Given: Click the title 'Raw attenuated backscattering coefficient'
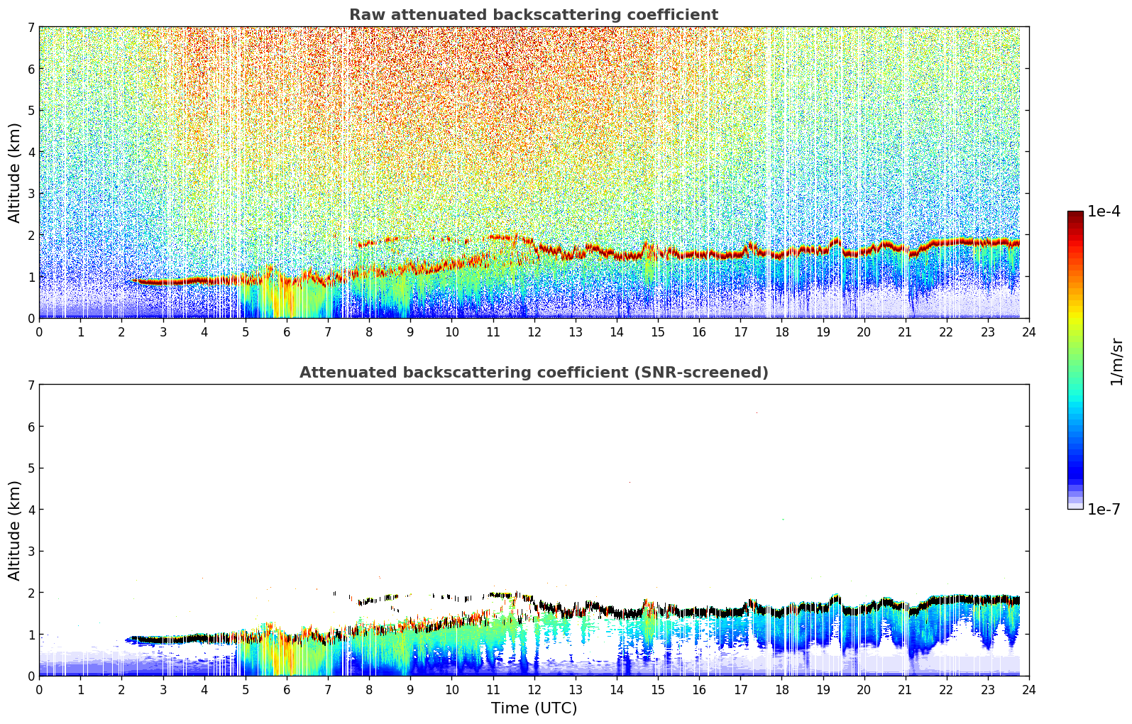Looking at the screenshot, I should pyautogui.click(x=533, y=15).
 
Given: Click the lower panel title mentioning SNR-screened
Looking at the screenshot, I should pyautogui.click(x=533, y=373).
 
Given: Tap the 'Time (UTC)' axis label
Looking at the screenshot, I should pyautogui.click(x=534, y=708).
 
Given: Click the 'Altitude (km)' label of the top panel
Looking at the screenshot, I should pyautogui.click(x=15, y=172).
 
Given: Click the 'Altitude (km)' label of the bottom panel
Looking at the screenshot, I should pyautogui.click(x=15, y=530).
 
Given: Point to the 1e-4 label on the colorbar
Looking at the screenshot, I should pyautogui.click(x=1104, y=212).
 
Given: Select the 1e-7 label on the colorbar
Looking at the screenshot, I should pyautogui.click(x=1104, y=510).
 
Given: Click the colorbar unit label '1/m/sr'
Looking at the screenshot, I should pyautogui.click(x=1116, y=361).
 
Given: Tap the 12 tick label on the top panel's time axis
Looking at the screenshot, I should pyautogui.click(x=534, y=332).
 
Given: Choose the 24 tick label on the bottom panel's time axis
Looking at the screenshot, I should pyautogui.click(x=1028, y=690).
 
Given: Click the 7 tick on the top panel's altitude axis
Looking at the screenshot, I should pyautogui.click(x=31, y=27).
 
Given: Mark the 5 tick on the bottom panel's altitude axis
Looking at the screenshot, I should pyautogui.click(x=31, y=468).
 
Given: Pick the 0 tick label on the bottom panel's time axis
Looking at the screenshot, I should pyautogui.click(x=39, y=690).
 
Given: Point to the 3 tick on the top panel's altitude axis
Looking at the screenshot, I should pyautogui.click(x=31, y=193).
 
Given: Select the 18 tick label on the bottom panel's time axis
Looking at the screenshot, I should pyautogui.click(x=781, y=690).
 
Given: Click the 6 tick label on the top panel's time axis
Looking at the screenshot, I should pyautogui.click(x=287, y=332).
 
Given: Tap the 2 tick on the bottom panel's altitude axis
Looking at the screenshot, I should pyautogui.click(x=31, y=593).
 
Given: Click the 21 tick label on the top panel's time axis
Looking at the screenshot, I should pyautogui.click(x=905, y=332).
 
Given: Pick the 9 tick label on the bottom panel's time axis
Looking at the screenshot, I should pyautogui.click(x=410, y=690).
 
